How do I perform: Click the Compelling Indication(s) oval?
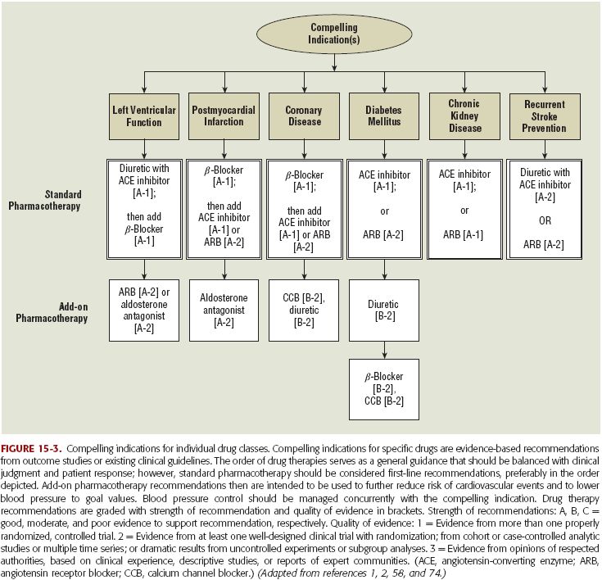tap(334, 34)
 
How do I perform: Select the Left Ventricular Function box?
tap(144, 116)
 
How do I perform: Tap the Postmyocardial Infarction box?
tap(224, 116)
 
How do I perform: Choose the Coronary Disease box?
tap(304, 116)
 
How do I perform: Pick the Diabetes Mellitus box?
tap(384, 116)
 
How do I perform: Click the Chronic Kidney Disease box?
tap(464, 116)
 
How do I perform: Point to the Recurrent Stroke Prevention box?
tap(545, 116)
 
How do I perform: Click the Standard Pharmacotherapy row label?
tap(44, 200)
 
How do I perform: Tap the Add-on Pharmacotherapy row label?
tap(52, 312)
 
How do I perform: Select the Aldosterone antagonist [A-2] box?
tap(224, 310)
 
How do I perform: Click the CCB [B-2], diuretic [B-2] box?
tap(304, 310)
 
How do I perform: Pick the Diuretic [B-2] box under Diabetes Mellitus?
tap(384, 310)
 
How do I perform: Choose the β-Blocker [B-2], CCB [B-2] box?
tap(384, 389)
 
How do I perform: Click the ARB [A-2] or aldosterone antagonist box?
tap(144, 310)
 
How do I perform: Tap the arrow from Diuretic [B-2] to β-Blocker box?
tap(384, 351)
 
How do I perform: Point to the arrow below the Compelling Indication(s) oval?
tap(334, 62)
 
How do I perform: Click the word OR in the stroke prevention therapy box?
tap(545, 221)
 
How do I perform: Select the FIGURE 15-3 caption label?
tap(31, 449)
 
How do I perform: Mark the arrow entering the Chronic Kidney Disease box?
tap(464, 82)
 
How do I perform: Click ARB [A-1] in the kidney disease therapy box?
tap(463, 234)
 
